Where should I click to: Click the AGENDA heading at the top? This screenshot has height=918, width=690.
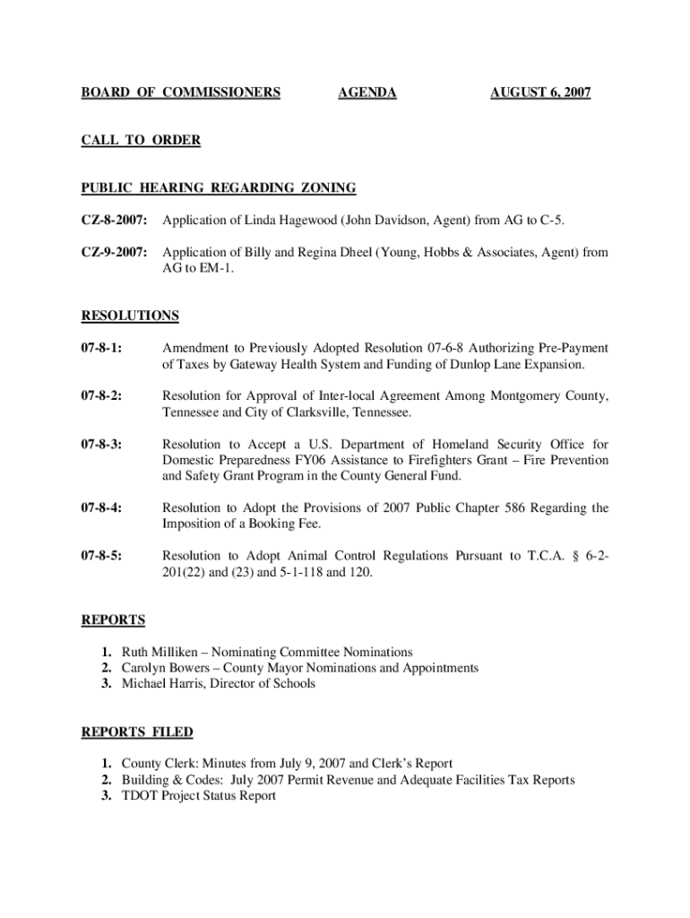tap(367, 92)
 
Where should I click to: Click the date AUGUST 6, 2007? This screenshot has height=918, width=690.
tap(540, 92)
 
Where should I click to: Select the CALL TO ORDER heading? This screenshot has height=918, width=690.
tap(141, 140)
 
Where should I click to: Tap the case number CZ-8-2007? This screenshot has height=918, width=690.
tap(114, 221)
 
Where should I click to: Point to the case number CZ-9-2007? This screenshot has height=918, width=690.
tap(114, 253)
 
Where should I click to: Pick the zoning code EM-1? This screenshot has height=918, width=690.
tap(215, 269)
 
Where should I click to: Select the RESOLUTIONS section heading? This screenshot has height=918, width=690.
tap(130, 316)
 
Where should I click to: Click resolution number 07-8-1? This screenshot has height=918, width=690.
tap(102, 348)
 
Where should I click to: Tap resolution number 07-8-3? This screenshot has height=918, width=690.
tap(102, 445)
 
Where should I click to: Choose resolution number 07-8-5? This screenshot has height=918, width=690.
tap(102, 556)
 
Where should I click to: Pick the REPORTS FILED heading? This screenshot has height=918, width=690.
tap(137, 732)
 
